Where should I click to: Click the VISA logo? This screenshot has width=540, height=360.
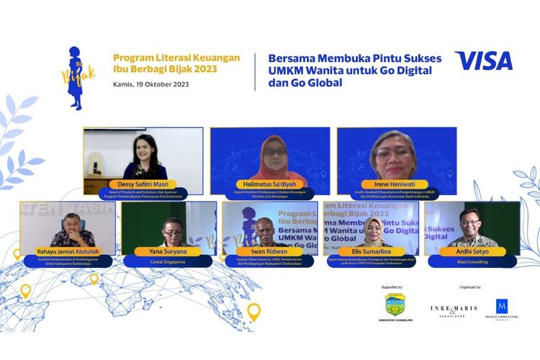pyautogui.click(x=483, y=60)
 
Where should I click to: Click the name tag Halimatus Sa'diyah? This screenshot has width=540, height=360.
pyautogui.click(x=270, y=184)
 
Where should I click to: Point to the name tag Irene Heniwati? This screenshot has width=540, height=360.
pyautogui.click(x=393, y=184)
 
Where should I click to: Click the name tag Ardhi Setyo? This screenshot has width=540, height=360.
pyautogui.click(x=472, y=251)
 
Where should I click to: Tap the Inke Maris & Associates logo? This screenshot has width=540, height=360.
pyautogui.click(x=454, y=310)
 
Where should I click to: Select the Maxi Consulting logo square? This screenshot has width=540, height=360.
pyautogui.click(x=502, y=305)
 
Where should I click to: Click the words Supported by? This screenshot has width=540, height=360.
pyautogui.click(x=392, y=287)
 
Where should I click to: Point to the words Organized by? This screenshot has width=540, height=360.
pyautogui.click(x=469, y=287)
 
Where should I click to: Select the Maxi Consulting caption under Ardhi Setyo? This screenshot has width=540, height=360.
pyautogui.click(x=472, y=262)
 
